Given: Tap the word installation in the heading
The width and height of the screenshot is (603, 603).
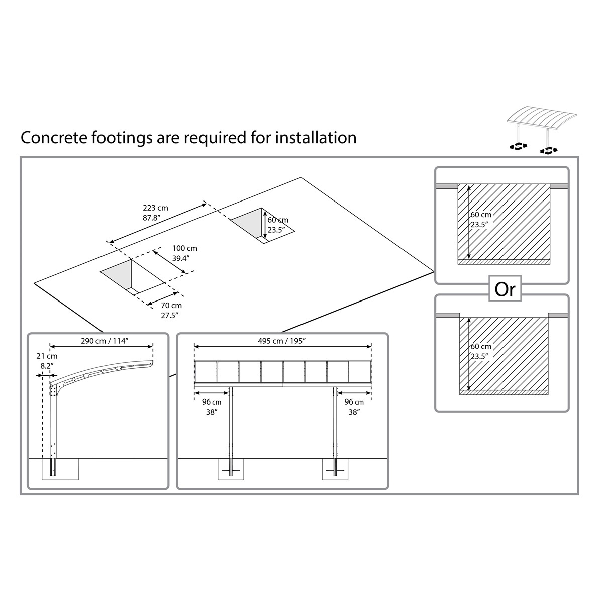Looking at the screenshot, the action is (316, 138).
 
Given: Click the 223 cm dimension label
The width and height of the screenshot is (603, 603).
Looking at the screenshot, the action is (155, 208).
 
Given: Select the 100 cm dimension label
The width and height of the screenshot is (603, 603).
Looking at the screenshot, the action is (185, 248).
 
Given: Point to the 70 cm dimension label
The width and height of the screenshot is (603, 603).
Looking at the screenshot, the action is (171, 306).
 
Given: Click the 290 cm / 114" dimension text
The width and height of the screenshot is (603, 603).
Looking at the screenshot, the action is (105, 341).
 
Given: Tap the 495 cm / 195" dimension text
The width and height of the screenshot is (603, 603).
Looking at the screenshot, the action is (281, 341).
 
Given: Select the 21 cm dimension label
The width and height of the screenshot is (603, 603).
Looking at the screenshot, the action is (47, 356).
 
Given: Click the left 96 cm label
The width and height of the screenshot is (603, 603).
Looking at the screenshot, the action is (212, 402).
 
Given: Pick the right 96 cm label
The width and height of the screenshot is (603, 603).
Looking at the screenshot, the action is (354, 402).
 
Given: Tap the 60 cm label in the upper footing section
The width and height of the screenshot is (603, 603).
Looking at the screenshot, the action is (481, 215).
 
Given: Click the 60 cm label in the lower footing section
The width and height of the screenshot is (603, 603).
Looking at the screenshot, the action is (481, 347).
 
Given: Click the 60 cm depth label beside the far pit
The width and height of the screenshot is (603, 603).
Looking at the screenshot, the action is (278, 220).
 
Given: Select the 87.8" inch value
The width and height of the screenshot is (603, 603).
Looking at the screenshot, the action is (152, 218).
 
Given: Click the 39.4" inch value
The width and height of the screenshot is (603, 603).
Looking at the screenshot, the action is (181, 258).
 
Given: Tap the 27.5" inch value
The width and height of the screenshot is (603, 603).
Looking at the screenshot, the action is (170, 316).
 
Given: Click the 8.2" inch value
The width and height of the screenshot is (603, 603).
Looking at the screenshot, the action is (47, 366).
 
